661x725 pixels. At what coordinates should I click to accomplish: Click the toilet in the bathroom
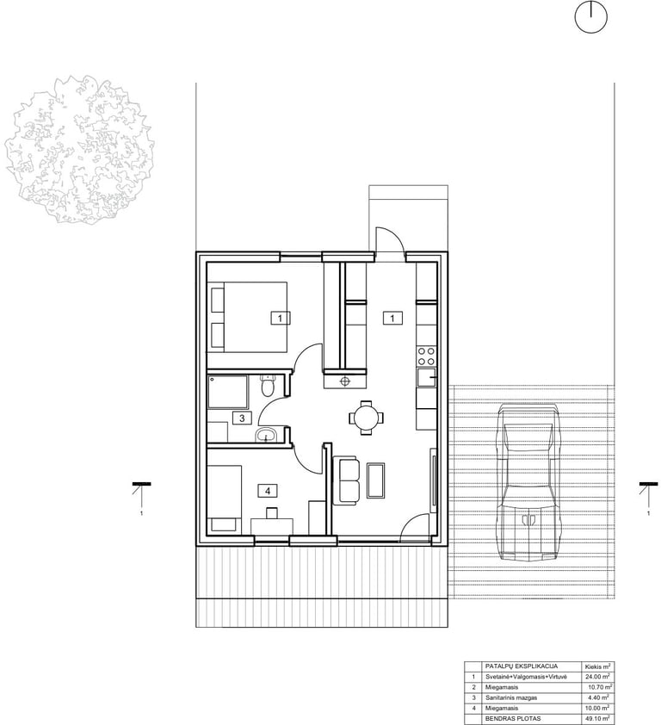tap(268, 386)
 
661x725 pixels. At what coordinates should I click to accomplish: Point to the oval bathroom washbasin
tap(266, 435)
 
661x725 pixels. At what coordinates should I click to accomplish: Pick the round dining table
tap(366, 418)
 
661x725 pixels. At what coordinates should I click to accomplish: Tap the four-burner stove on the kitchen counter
tap(426, 356)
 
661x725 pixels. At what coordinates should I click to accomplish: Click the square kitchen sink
tap(426, 379)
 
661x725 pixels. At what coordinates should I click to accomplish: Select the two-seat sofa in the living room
tap(346, 480)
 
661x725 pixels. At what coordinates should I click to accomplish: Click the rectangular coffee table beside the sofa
tap(376, 480)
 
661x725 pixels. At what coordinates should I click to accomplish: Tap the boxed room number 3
tap(242, 418)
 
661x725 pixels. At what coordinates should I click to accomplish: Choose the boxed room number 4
tap(268, 491)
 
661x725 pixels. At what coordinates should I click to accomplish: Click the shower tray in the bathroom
tap(227, 392)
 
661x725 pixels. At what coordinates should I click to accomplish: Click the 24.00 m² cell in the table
tap(597, 677)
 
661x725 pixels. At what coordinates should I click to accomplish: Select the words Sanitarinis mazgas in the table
tap(510, 697)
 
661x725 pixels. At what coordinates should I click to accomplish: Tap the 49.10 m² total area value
tap(597, 719)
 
